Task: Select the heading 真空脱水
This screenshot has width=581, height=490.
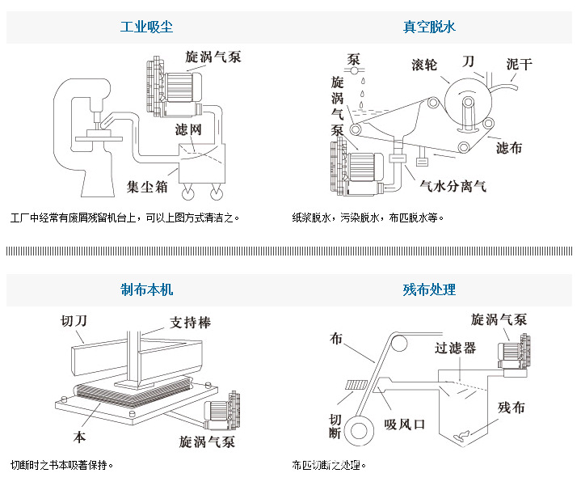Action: [429, 27]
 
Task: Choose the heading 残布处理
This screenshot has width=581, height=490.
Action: [429, 289]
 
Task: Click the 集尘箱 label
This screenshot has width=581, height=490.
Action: [150, 186]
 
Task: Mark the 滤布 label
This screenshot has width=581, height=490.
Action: [508, 148]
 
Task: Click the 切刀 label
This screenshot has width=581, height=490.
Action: [74, 320]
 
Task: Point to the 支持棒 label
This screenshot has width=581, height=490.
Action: [190, 323]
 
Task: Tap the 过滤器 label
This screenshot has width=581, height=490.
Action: [454, 348]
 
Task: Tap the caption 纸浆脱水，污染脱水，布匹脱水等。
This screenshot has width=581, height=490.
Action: [368, 218]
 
